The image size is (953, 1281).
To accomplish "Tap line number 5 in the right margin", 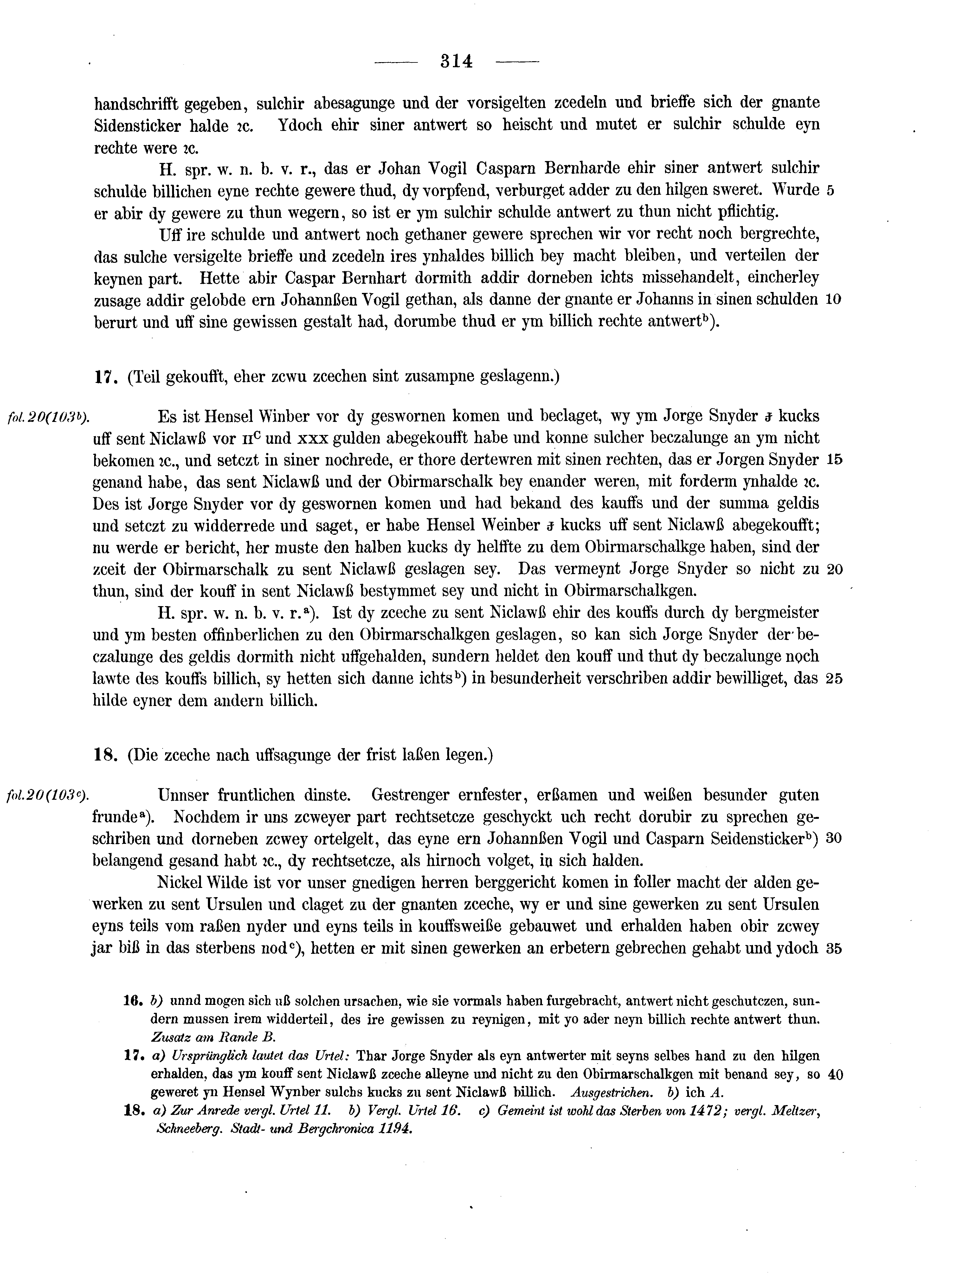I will point(830,191).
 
